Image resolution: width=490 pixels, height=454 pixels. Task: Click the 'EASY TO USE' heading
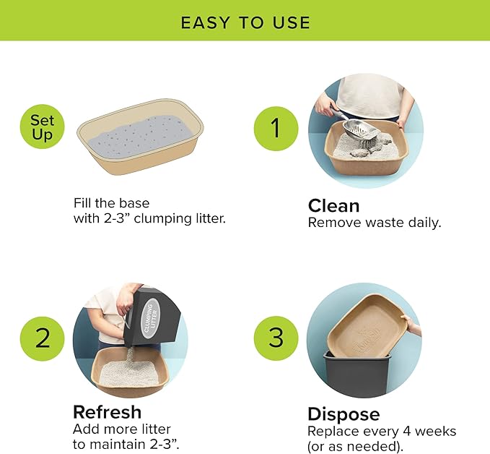(245, 22)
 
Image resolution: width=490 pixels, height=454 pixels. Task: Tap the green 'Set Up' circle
(42, 128)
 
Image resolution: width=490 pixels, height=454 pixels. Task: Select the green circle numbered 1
(274, 129)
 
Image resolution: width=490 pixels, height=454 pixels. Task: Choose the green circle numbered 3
(274, 338)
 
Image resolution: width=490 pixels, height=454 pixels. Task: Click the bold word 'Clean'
(334, 205)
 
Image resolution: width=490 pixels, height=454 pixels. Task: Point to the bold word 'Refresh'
(107, 412)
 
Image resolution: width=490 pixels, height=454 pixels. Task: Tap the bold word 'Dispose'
(344, 414)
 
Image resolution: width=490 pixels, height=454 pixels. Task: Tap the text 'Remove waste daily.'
(375, 223)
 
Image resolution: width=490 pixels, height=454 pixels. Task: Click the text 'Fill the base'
(112, 202)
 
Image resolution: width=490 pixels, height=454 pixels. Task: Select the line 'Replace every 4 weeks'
(382, 431)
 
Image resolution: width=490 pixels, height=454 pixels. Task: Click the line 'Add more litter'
(121, 429)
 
